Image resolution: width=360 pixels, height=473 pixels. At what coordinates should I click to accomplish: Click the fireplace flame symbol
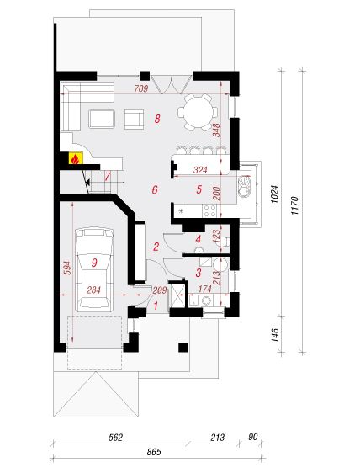pyautogui.click(x=75, y=159)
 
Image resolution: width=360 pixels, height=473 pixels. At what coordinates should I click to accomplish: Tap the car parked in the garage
pyautogui.click(x=94, y=270)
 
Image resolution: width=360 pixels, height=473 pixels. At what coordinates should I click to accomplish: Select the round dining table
pyautogui.click(x=198, y=112)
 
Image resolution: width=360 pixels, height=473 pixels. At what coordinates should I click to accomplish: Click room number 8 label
pyautogui.click(x=156, y=119)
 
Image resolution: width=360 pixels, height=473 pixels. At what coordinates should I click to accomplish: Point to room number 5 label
pyautogui.click(x=199, y=189)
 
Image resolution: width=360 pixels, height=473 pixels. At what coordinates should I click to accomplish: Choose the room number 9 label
pyautogui.click(x=94, y=263)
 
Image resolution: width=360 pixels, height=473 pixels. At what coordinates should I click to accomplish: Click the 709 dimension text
pyautogui.click(x=141, y=88)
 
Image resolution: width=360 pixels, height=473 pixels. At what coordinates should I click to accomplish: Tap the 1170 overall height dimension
pyautogui.click(x=294, y=205)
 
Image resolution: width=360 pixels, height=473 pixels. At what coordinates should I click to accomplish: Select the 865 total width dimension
pyautogui.click(x=154, y=452)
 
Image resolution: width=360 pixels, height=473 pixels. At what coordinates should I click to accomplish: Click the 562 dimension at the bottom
pyautogui.click(x=115, y=438)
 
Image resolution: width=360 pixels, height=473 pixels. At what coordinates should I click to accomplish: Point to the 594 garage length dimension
pyautogui.click(x=67, y=268)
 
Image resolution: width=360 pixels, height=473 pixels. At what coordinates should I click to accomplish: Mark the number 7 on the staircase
pyautogui.click(x=108, y=177)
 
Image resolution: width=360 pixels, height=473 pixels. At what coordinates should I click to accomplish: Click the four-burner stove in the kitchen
pyautogui.click(x=209, y=210)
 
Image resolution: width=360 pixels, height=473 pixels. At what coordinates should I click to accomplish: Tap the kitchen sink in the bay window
pyautogui.click(x=244, y=187)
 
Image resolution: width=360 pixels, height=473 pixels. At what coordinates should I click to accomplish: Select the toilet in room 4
pyautogui.click(x=225, y=241)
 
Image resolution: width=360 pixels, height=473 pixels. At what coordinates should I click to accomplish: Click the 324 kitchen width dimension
pyautogui.click(x=200, y=170)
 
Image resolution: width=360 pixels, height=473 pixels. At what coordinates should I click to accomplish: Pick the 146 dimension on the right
pyautogui.click(x=275, y=335)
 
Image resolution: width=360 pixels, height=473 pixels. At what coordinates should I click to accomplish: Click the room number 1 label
pyautogui.click(x=156, y=306)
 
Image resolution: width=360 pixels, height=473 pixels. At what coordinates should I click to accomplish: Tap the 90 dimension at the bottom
pyautogui.click(x=253, y=437)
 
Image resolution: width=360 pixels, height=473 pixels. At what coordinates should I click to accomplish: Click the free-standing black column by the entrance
pyautogui.click(x=183, y=348)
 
